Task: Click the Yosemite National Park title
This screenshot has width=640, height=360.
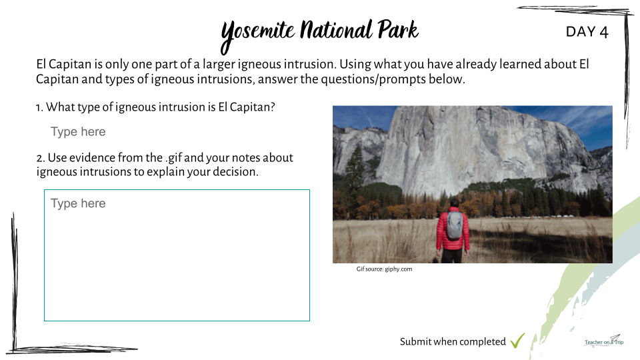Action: click(x=319, y=34)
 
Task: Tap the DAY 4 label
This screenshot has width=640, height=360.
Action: click(x=587, y=32)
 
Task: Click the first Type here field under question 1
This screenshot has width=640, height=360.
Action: click(x=78, y=131)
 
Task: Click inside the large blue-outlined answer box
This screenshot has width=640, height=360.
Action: click(x=177, y=255)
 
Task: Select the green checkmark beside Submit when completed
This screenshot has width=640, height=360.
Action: click(x=517, y=341)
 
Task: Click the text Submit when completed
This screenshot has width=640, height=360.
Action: click(x=453, y=341)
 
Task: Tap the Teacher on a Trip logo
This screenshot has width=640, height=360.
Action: click(x=604, y=341)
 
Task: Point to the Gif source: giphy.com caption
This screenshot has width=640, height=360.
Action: click(x=384, y=269)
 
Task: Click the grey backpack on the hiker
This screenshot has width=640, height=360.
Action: click(x=454, y=225)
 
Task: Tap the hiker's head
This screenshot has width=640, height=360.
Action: click(x=454, y=203)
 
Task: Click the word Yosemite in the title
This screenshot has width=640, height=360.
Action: click(x=257, y=34)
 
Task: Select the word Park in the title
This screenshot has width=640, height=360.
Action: click(x=398, y=30)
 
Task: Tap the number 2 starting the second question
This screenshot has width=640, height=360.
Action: click(x=40, y=159)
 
